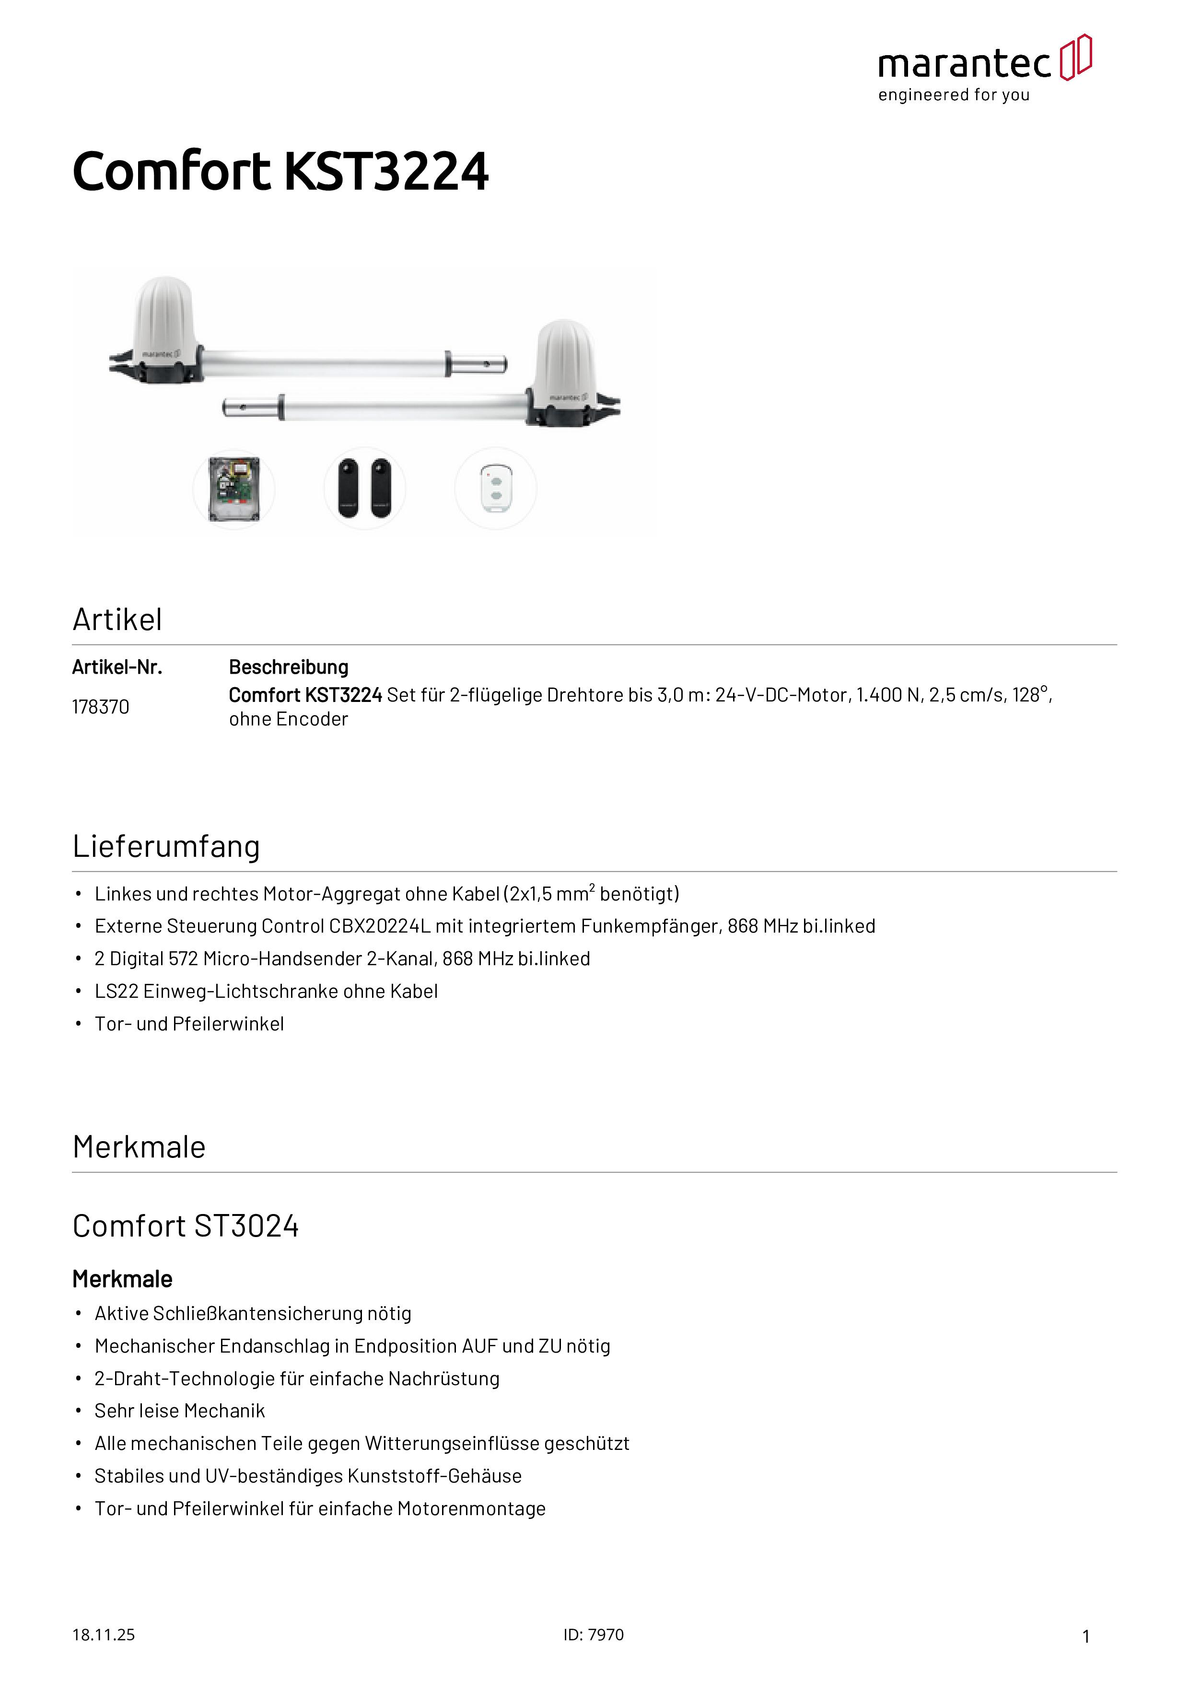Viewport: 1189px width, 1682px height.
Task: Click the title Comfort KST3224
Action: tap(280, 172)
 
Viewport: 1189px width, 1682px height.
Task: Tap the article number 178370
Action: tap(100, 707)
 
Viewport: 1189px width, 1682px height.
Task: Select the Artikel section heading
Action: tap(117, 620)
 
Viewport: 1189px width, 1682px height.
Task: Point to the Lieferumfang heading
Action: tap(166, 846)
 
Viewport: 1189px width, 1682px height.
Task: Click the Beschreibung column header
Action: tap(289, 667)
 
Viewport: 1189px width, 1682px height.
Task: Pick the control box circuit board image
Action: tap(233, 489)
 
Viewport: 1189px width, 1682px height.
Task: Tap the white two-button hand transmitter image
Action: tap(496, 489)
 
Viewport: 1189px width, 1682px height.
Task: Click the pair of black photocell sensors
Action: tap(365, 489)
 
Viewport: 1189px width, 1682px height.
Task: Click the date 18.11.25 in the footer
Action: tap(103, 1635)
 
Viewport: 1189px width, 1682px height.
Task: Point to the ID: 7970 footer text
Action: tap(594, 1635)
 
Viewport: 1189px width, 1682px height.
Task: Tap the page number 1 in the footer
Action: tap(1086, 1636)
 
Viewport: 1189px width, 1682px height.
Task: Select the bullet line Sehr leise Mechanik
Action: tap(179, 1411)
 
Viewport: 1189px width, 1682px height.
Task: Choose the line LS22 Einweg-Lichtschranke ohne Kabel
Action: tap(266, 992)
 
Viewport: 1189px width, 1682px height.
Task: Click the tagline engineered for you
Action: tap(954, 95)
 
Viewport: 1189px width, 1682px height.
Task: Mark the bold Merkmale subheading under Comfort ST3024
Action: tap(122, 1279)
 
